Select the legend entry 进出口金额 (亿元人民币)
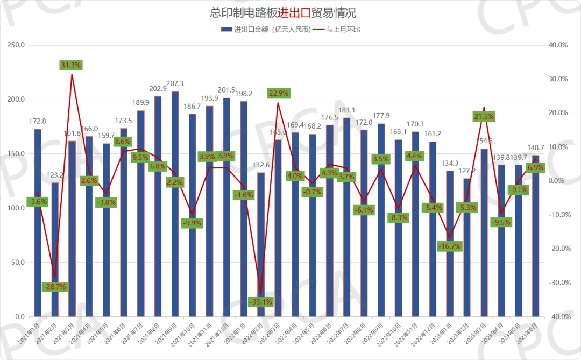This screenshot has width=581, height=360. coord(266,29)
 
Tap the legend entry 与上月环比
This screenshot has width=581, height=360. coord(343,29)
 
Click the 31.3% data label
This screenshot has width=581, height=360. coord(71,65)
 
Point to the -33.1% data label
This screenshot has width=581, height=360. coord(260,302)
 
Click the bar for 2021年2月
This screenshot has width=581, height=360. coord(55,250)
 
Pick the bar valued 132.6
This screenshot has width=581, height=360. coord(261,245)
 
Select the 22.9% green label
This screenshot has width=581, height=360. coord(278,93)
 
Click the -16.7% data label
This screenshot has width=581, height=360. coord(450,246)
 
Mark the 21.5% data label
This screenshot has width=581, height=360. coord(484,116)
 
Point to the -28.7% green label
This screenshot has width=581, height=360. coord(54,287)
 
